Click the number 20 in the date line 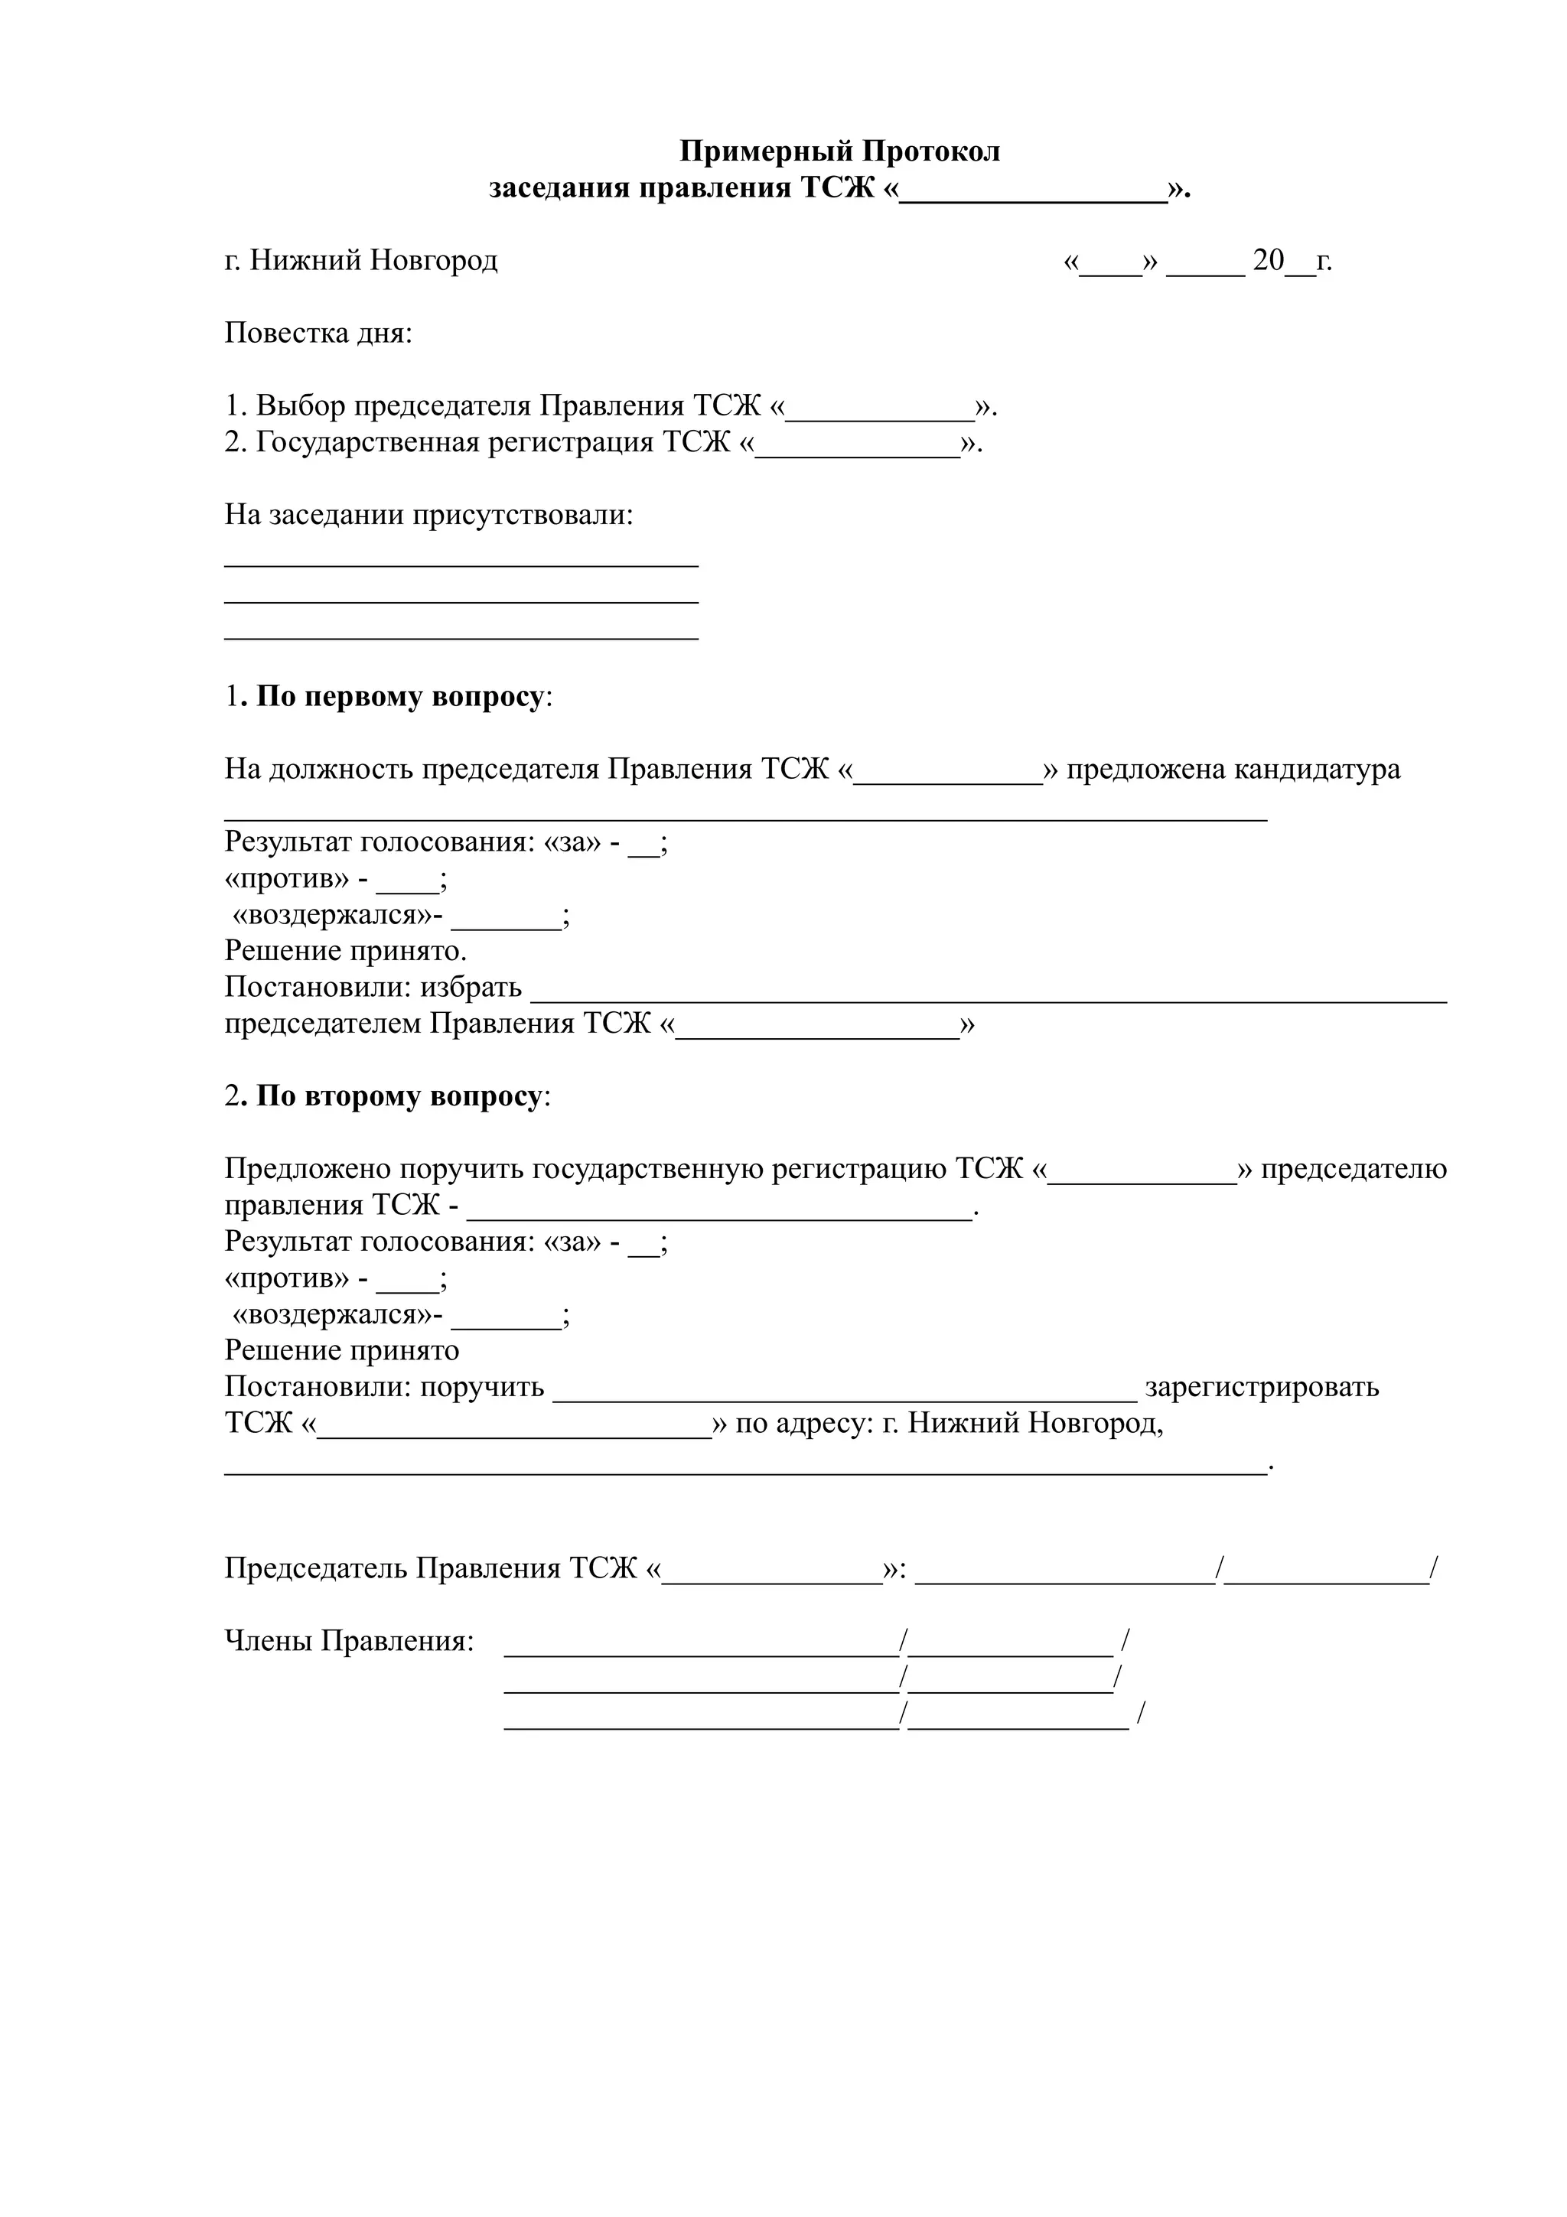tap(1268, 261)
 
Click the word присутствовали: tap(523, 516)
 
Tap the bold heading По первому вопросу tap(399, 697)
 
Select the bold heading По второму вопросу tap(399, 1097)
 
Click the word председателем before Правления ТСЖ tap(322, 1024)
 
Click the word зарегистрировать tap(1261, 1388)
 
